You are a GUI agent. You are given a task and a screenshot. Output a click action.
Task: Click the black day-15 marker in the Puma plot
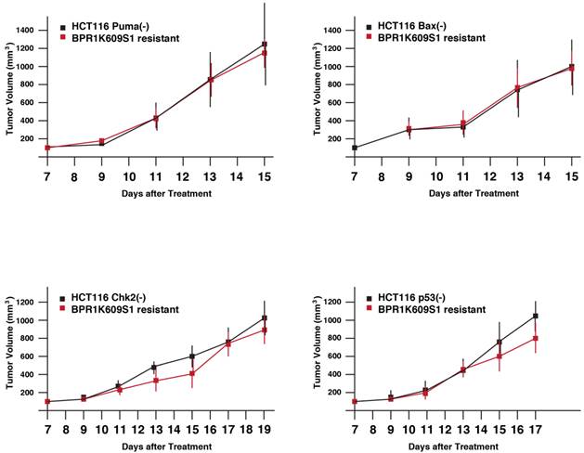(x=265, y=44)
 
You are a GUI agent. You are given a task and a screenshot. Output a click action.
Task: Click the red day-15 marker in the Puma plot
(x=265, y=53)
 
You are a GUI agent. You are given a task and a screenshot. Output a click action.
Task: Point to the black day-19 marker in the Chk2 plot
(x=265, y=318)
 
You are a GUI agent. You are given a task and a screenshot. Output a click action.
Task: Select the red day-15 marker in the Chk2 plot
(x=192, y=374)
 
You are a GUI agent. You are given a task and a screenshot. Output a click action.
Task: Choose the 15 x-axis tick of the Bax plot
(x=571, y=175)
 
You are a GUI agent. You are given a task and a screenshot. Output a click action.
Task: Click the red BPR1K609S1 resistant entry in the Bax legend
(x=425, y=38)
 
